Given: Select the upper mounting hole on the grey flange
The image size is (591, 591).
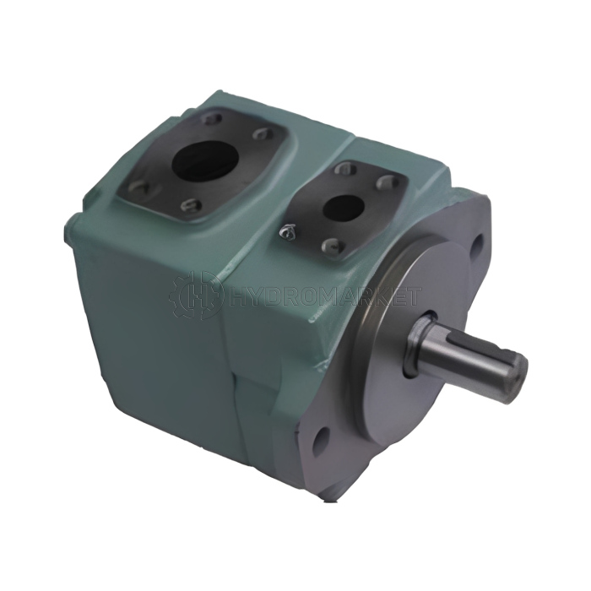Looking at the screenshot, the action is [477, 244].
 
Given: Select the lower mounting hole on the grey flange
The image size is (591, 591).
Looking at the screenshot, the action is [321, 439].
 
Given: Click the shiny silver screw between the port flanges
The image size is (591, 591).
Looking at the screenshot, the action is [289, 233].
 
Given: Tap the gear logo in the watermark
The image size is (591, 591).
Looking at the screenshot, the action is [195, 295].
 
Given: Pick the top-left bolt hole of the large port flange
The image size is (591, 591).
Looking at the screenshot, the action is [211, 120].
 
